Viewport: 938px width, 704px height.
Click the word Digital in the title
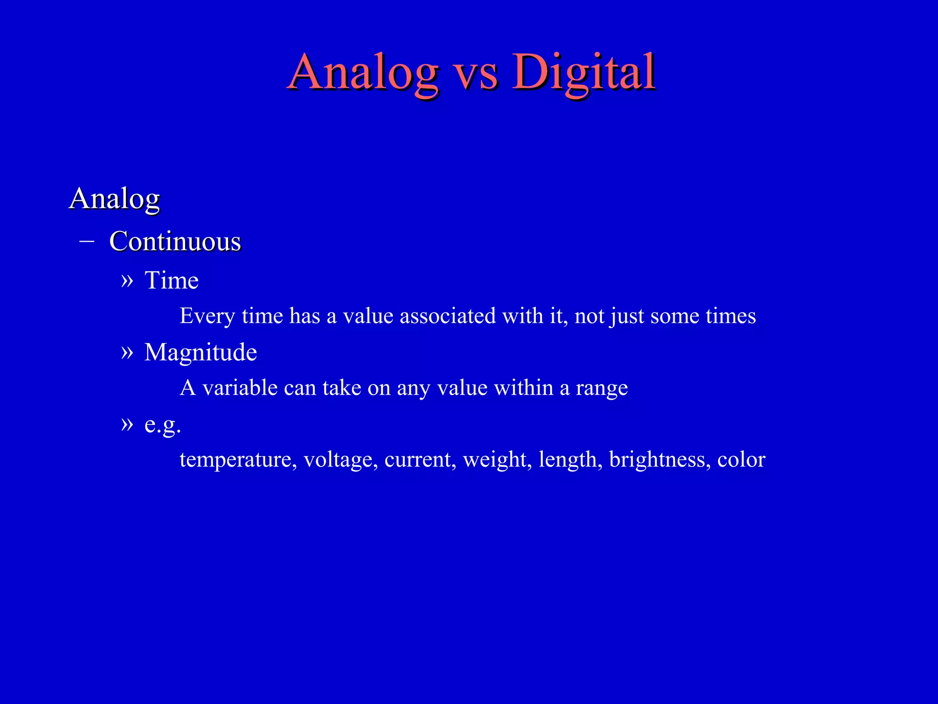[x=584, y=72]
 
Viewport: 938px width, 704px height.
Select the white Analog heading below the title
[x=115, y=199]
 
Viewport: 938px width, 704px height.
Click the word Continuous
[x=175, y=241]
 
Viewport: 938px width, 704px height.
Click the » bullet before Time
[x=127, y=280]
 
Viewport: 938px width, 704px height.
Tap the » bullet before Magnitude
[x=127, y=352]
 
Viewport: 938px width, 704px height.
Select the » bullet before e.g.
[x=127, y=424]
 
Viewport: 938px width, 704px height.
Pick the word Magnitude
[x=201, y=352]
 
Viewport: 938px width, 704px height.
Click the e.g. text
[x=163, y=425]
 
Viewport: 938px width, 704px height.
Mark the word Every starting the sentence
[x=207, y=316]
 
